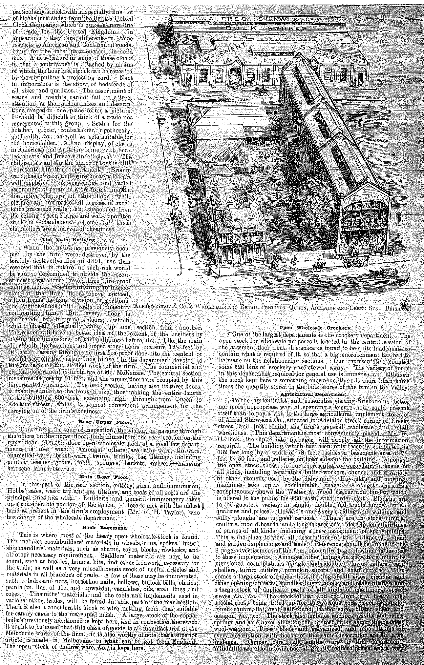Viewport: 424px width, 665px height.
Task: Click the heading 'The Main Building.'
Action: coord(69,240)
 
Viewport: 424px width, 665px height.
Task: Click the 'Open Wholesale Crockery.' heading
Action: coord(315,328)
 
